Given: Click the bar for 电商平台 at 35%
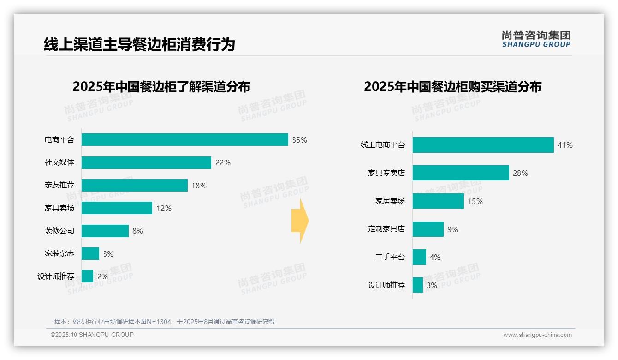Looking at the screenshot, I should (x=184, y=140).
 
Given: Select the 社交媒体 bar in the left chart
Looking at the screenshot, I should (x=146, y=162).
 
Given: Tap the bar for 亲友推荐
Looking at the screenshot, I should (x=135, y=185).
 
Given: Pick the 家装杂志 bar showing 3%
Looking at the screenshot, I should (x=90, y=253).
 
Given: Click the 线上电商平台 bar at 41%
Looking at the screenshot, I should (x=483, y=145).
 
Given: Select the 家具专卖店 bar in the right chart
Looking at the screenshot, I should (x=461, y=173).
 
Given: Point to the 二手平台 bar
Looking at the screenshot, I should (x=419, y=257).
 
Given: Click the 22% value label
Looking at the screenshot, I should (x=223, y=162).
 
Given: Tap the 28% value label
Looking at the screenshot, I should (x=520, y=174).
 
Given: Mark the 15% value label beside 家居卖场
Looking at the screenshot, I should (x=475, y=201).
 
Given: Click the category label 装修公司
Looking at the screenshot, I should (x=59, y=231).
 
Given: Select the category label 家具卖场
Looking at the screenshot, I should (x=59, y=208).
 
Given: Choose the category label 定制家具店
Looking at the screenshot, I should (x=386, y=229).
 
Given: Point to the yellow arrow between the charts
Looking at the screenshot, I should (x=300, y=221).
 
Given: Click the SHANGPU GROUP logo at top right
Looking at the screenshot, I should (x=536, y=39).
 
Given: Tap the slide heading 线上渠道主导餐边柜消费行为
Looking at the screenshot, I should (x=139, y=44).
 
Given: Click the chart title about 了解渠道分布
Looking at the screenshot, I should (x=161, y=86).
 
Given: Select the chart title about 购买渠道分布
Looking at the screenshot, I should (x=452, y=86).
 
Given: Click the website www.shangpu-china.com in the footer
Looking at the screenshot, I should (x=537, y=335).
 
